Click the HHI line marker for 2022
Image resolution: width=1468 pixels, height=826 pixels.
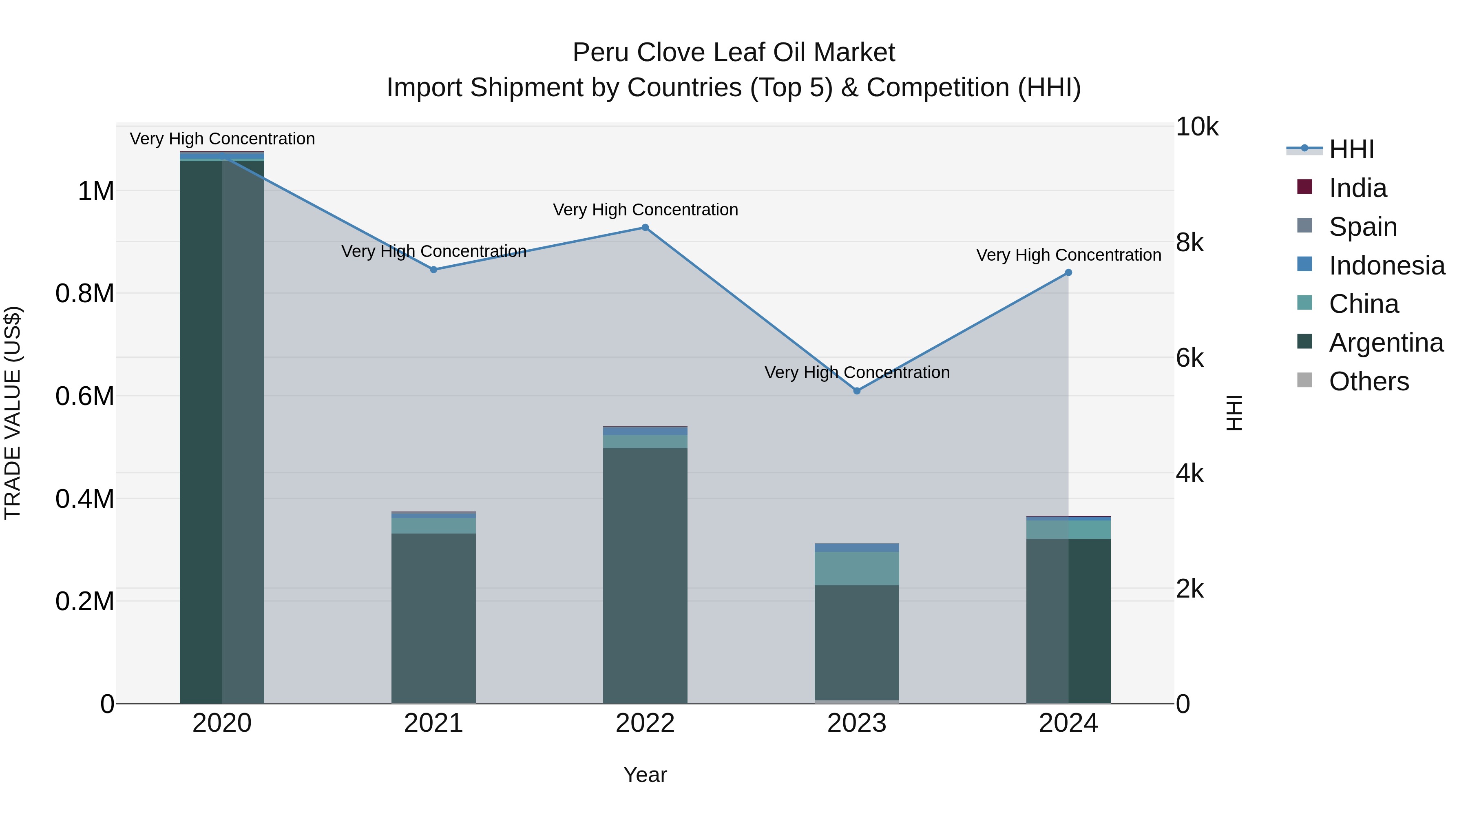[645, 228]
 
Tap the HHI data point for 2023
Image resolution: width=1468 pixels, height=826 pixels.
[856, 391]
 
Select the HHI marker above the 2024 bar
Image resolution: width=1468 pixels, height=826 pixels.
[1068, 272]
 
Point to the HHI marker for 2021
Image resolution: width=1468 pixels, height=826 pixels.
[434, 270]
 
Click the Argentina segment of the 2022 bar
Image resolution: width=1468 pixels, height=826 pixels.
[645, 576]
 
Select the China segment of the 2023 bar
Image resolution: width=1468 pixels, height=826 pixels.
[856, 568]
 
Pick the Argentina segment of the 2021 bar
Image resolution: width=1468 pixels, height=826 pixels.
[434, 618]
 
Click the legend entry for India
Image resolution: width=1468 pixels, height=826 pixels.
[1357, 188]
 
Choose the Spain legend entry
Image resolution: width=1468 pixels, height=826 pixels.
[1362, 227]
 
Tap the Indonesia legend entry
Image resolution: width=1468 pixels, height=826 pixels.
[1386, 266]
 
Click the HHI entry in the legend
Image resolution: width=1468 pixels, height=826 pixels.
[1351, 149]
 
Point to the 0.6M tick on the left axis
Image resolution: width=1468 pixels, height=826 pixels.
[85, 396]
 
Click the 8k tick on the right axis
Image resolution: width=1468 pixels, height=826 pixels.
[1190, 243]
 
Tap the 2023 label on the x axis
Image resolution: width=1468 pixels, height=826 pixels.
[856, 723]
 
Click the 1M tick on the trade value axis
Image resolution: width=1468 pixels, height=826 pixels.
[96, 191]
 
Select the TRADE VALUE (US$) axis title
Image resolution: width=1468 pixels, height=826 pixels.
[13, 413]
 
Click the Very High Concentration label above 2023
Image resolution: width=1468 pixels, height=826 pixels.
[856, 373]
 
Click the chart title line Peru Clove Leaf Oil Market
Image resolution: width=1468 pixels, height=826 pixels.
[734, 53]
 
